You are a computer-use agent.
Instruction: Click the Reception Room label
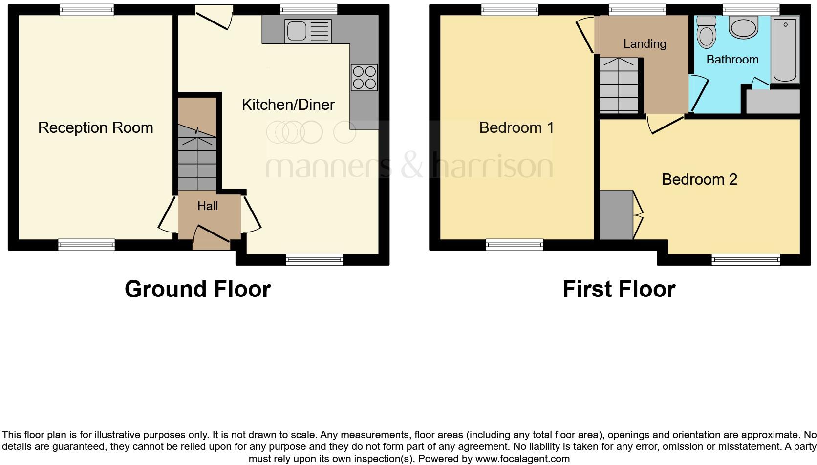[96, 127]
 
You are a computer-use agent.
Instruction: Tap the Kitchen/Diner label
[288, 105]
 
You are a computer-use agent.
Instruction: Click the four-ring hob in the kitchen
[364, 78]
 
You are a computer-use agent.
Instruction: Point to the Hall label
[208, 206]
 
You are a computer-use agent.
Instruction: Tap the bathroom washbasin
[743, 27]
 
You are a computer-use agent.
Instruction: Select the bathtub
[785, 49]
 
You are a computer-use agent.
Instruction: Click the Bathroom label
[732, 60]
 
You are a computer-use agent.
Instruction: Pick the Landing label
[645, 44]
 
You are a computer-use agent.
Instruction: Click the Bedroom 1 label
[516, 127]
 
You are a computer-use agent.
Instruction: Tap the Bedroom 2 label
[699, 179]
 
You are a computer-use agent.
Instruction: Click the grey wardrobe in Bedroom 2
[616, 215]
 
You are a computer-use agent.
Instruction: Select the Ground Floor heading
[197, 289]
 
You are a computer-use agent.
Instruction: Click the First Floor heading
[619, 289]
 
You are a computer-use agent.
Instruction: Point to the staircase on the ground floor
[197, 156]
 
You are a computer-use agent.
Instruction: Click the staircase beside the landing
[619, 85]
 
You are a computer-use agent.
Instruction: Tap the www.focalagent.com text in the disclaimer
[522, 459]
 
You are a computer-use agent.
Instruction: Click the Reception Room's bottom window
[86, 245]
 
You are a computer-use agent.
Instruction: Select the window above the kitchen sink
[309, 9]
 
